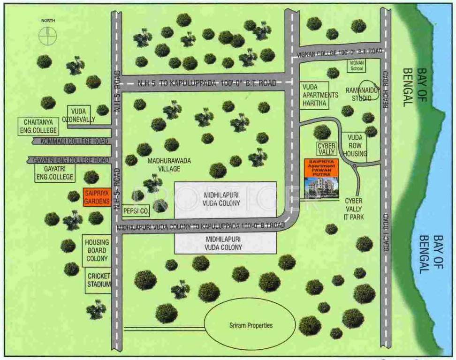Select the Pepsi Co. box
click(136, 211)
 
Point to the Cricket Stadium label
click(99, 280)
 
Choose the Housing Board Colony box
click(97, 250)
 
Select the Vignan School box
click(357, 65)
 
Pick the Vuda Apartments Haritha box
click(320, 95)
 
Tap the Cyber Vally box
click(327, 149)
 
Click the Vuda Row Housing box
click(355, 146)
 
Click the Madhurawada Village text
click(169, 165)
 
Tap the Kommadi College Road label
click(70, 141)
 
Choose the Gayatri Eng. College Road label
click(70, 160)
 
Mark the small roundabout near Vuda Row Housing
click(355, 166)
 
